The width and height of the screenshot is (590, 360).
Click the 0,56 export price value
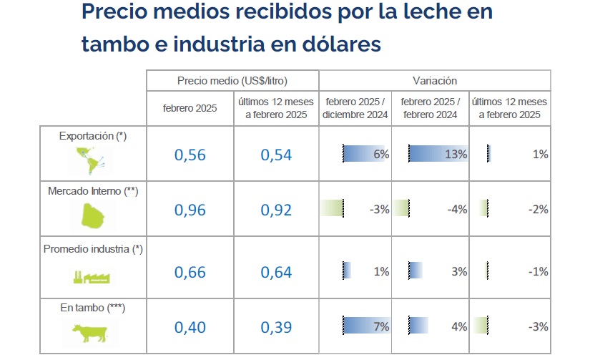190,155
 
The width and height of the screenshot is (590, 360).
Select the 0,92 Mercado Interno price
276,210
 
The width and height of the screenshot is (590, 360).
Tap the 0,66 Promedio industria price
190,272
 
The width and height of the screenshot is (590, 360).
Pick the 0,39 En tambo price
276,327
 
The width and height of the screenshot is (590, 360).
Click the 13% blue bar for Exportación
437,154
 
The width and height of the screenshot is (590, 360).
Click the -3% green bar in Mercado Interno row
333,209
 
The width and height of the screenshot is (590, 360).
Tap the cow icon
89,333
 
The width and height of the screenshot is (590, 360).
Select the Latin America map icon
89,160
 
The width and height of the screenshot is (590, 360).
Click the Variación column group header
435,81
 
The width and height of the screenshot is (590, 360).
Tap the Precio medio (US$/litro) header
232,81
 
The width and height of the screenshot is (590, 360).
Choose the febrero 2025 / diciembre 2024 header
355,109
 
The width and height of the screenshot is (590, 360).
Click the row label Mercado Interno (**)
92,191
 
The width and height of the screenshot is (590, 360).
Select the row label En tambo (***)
92,307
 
